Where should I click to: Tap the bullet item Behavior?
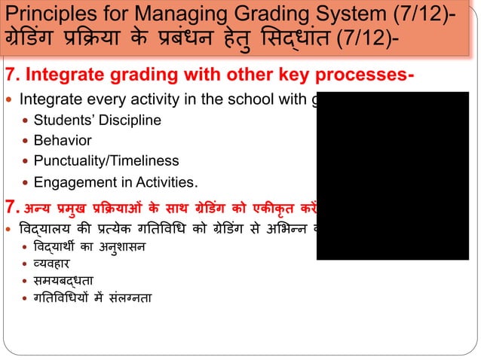click(x=62, y=140)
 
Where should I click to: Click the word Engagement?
click(x=69, y=182)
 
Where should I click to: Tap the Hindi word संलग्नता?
click(x=130, y=299)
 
